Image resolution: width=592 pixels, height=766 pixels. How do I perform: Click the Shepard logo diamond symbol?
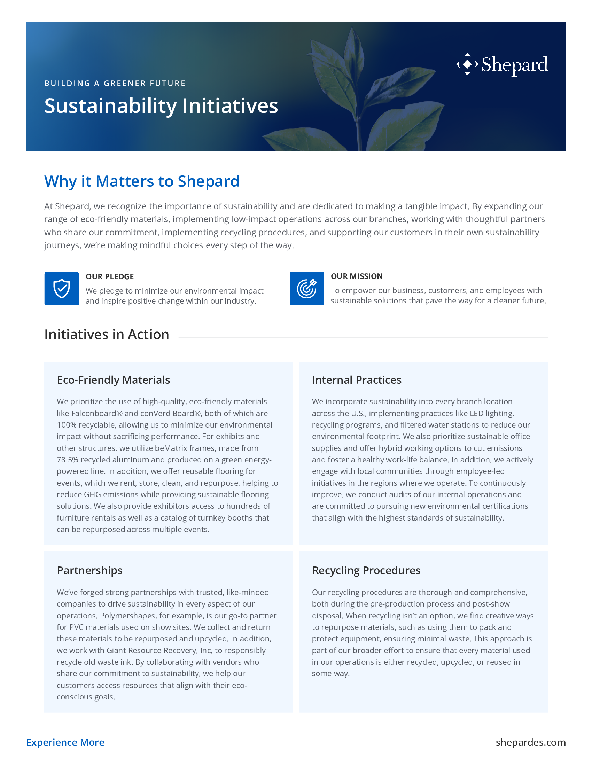point(467,64)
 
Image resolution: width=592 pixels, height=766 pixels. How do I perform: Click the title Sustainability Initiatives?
point(161,105)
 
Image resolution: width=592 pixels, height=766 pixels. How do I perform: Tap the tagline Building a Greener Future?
point(115,84)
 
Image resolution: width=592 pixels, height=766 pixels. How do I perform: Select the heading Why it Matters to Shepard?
point(142,181)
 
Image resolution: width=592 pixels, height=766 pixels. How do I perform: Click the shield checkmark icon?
point(62,289)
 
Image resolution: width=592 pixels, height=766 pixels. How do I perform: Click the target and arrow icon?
point(306,289)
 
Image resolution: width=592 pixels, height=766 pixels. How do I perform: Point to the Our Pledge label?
point(110,277)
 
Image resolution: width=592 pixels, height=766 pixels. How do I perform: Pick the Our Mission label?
point(357,276)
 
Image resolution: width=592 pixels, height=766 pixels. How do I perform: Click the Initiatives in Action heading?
point(107,335)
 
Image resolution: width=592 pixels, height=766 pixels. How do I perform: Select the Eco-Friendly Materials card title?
point(113,380)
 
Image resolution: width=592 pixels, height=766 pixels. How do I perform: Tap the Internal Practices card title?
point(357,380)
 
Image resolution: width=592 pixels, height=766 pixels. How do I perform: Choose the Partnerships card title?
point(89,570)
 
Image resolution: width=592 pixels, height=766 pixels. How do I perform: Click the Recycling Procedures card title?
point(366,570)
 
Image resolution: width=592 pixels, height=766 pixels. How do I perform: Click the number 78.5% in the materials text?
point(67,460)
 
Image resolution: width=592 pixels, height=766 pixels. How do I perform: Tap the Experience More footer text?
point(65,743)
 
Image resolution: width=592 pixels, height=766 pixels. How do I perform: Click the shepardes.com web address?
point(531,743)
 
